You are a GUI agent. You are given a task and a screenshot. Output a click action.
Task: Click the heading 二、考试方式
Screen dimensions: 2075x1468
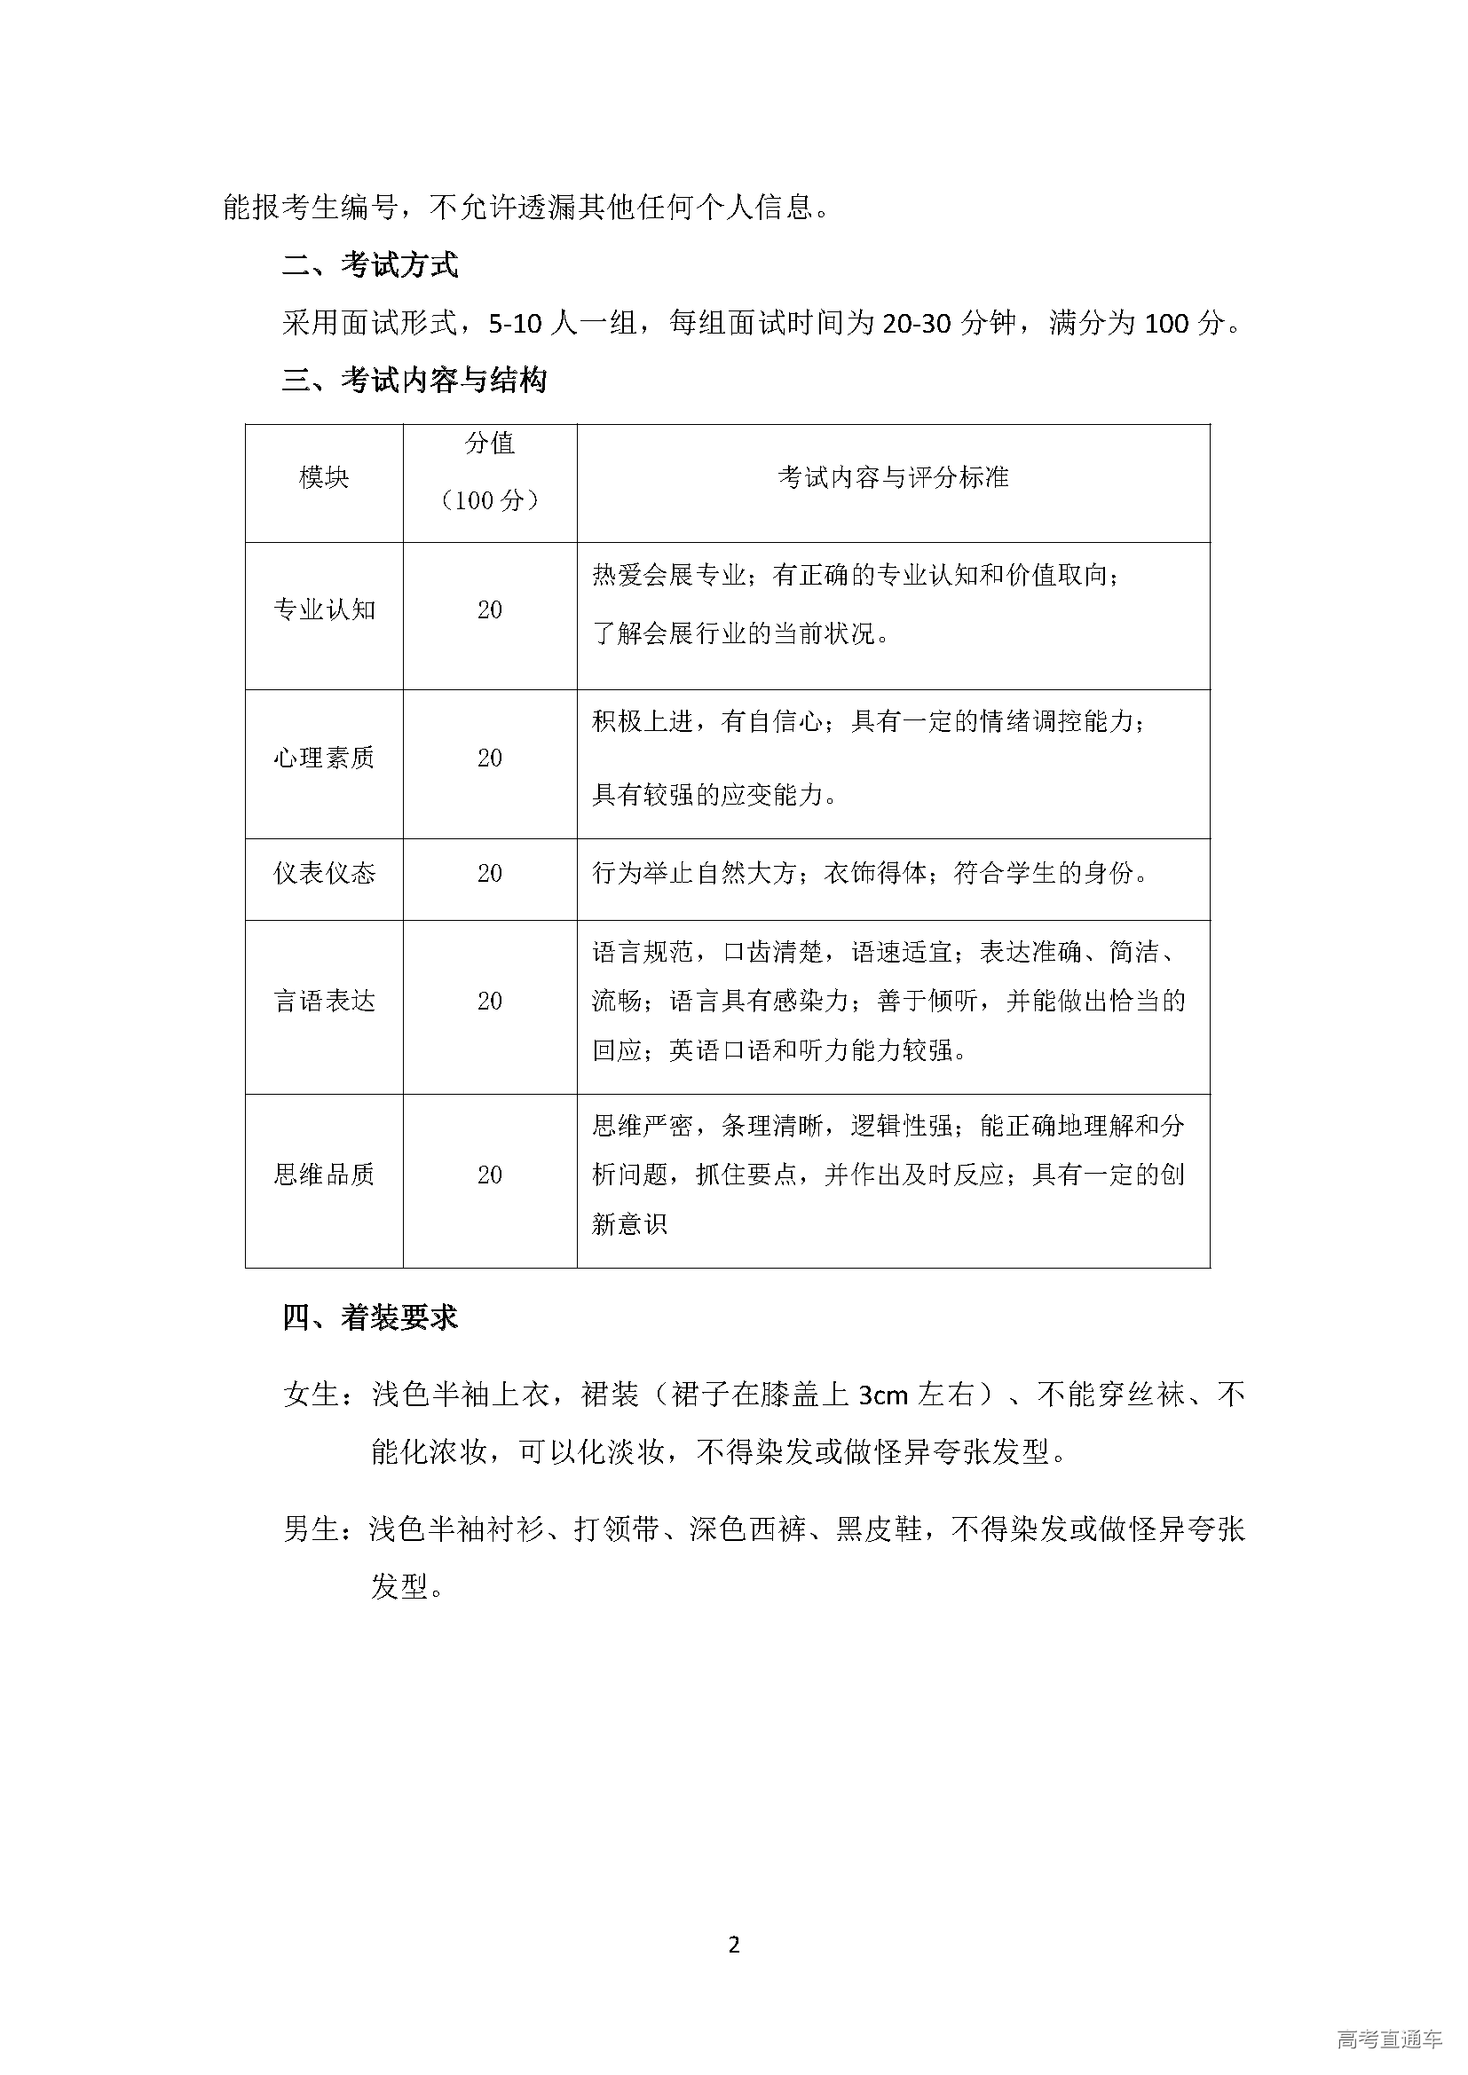pyautogui.click(x=370, y=264)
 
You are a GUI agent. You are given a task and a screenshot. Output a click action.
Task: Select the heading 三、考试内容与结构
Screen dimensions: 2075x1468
pyautogui.click(x=414, y=381)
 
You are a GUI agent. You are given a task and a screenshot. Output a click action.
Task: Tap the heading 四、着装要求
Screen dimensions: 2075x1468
pyautogui.click(x=370, y=1318)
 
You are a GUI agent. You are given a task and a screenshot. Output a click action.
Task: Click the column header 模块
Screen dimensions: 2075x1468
pyautogui.click(x=324, y=478)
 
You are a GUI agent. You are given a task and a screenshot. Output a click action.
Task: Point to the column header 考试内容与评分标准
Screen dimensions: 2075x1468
pyautogui.click(x=892, y=478)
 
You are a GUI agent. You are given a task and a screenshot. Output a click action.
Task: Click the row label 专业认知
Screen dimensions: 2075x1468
pyautogui.click(x=324, y=610)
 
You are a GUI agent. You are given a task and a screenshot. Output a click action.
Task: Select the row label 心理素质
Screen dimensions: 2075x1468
pyautogui.click(x=324, y=758)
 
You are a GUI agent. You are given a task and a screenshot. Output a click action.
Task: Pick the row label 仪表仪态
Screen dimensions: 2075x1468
pyautogui.click(x=324, y=874)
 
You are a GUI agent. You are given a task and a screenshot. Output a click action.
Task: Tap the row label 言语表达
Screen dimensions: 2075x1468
pyautogui.click(x=324, y=1002)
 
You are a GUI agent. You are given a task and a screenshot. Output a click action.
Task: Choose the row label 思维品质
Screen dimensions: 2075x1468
pyautogui.click(x=324, y=1175)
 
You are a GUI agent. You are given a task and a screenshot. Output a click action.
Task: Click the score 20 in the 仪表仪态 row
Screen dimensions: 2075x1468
pyautogui.click(x=489, y=874)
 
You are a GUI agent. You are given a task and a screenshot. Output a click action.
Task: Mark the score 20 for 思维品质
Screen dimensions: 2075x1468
pyautogui.click(x=489, y=1175)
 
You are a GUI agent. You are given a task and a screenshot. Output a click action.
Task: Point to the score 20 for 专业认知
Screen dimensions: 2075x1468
pyautogui.click(x=489, y=610)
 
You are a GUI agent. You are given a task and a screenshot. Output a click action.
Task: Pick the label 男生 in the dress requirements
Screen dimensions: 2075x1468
pyautogui.click(x=311, y=1529)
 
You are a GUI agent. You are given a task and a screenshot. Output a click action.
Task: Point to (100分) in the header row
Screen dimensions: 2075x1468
pyautogui.click(x=489, y=501)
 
